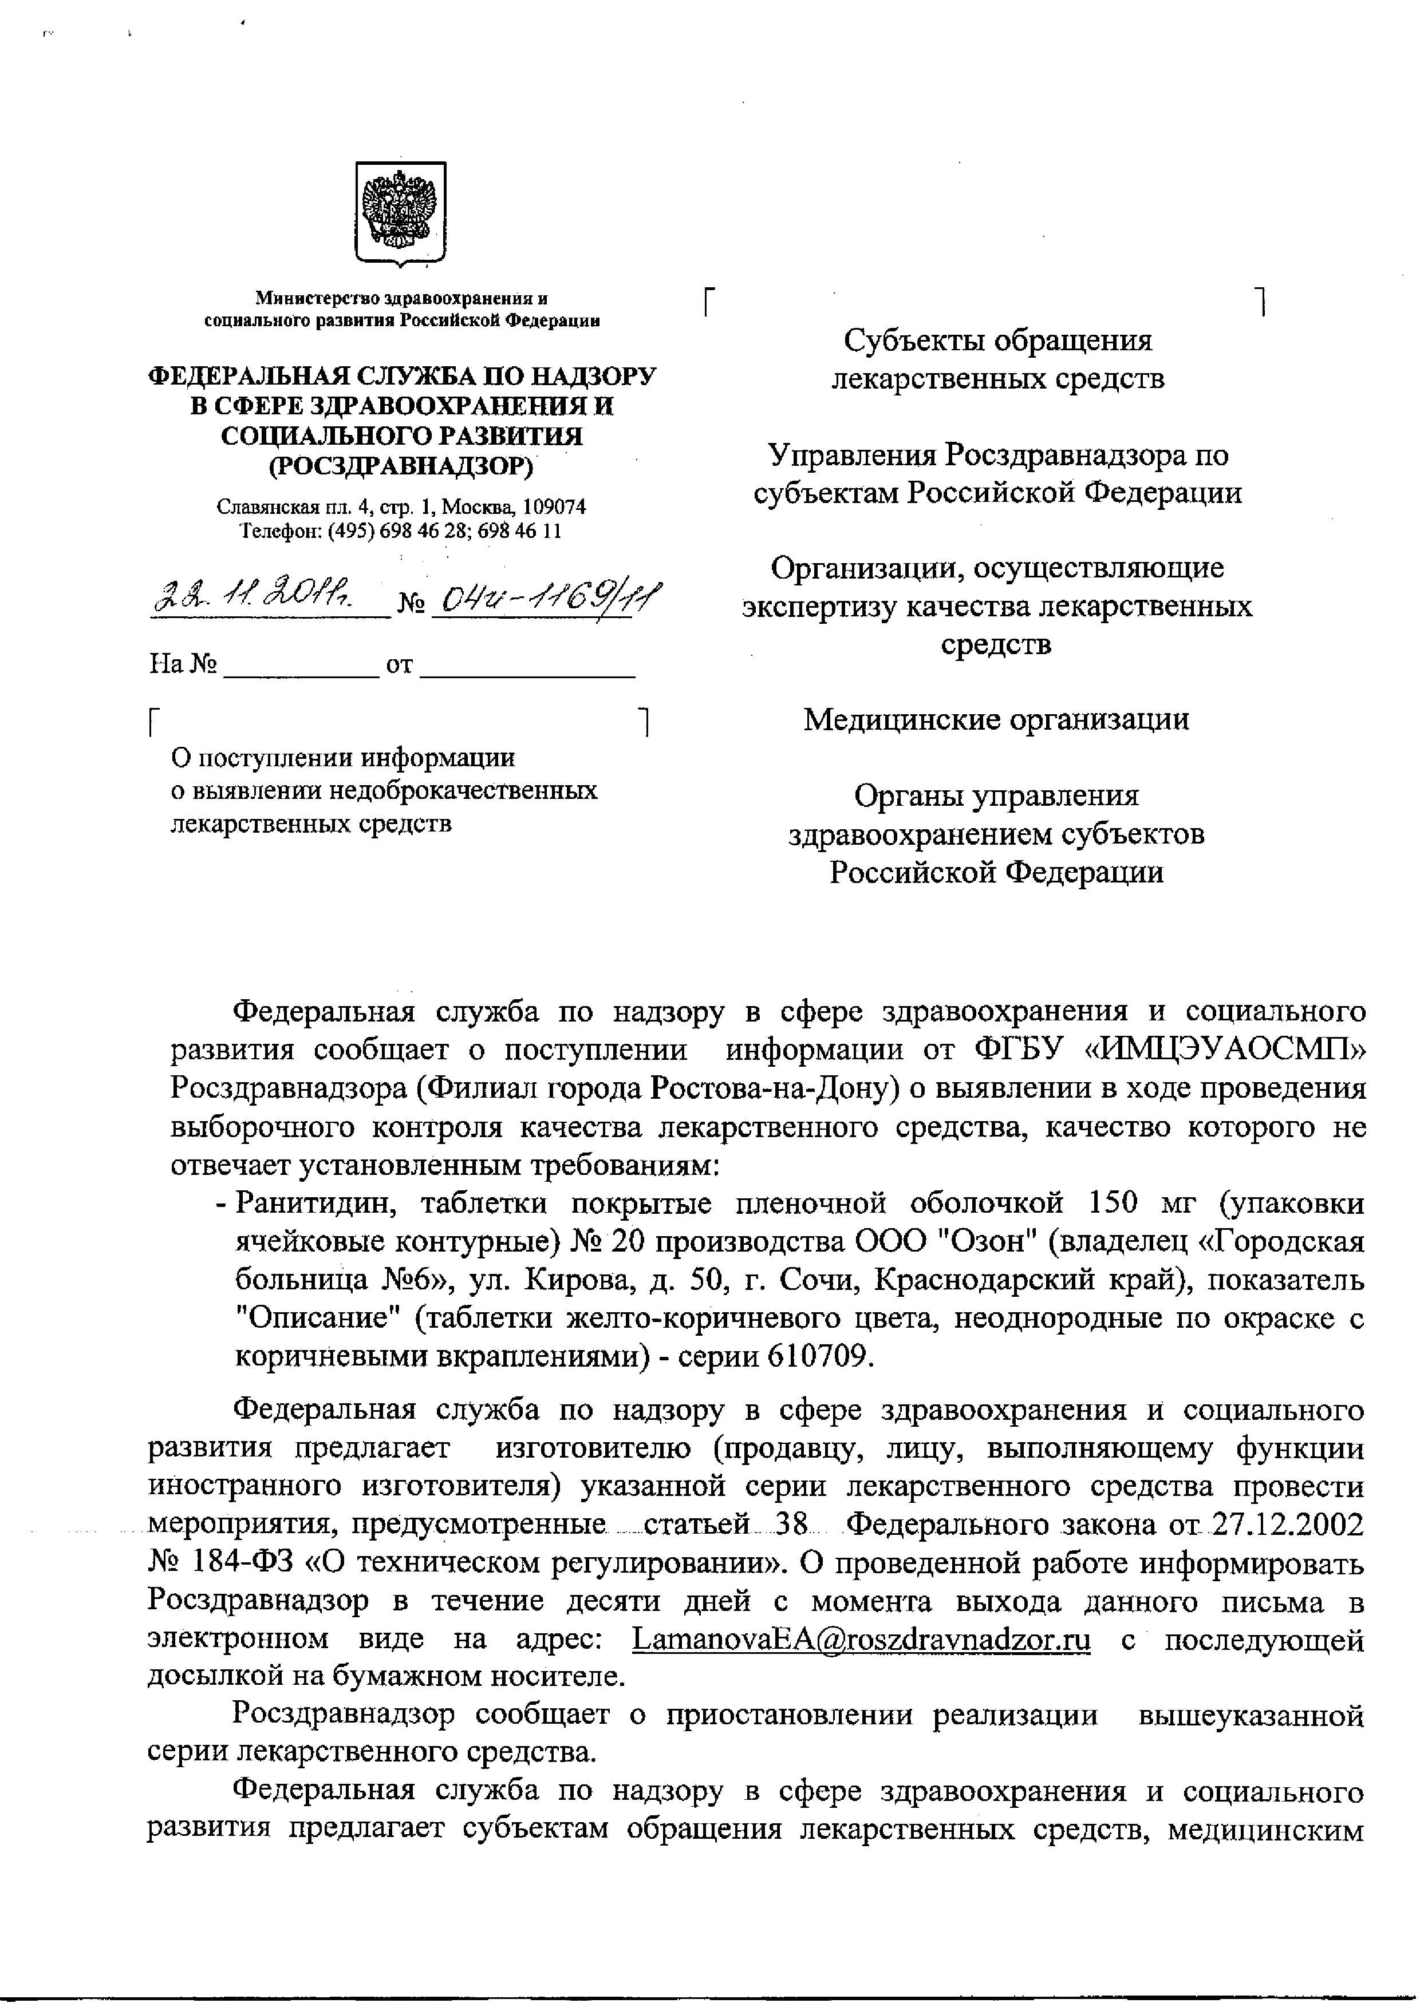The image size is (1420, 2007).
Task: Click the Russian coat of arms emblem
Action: tap(400, 212)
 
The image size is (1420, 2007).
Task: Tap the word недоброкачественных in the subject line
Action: tap(463, 790)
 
